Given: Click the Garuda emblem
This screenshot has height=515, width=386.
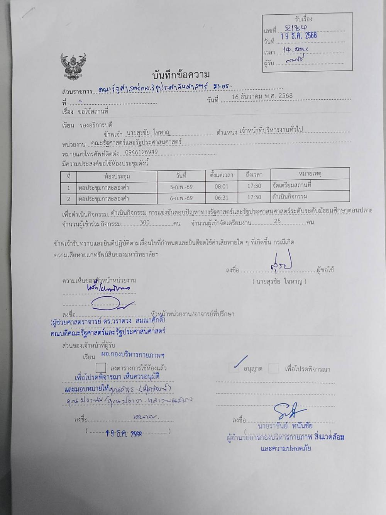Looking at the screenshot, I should click(73, 66).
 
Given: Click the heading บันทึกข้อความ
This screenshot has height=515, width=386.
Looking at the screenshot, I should click(181, 75).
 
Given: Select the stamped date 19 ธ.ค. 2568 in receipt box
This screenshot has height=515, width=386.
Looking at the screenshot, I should click(299, 36).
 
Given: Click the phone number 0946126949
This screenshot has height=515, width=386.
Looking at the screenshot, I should click(141, 152).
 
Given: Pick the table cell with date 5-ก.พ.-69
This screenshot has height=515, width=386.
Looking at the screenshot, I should click(181, 187).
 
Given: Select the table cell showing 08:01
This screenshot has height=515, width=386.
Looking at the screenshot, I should click(222, 186).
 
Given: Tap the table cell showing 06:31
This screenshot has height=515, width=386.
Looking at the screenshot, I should click(222, 198).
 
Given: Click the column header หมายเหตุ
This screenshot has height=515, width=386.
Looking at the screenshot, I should click(310, 174).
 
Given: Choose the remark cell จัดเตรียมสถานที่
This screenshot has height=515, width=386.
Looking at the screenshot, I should click(292, 185).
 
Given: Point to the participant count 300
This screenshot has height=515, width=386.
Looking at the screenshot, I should click(145, 223).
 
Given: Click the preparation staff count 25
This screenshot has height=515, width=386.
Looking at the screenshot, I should click(277, 222).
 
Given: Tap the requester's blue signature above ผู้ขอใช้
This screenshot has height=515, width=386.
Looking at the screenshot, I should click(281, 264).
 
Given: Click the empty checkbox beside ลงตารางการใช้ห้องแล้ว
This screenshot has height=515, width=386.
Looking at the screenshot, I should click(101, 367).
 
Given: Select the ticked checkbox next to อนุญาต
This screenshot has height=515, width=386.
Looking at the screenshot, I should click(234, 367).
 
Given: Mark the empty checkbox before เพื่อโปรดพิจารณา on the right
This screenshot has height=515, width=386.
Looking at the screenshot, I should click(273, 368).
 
